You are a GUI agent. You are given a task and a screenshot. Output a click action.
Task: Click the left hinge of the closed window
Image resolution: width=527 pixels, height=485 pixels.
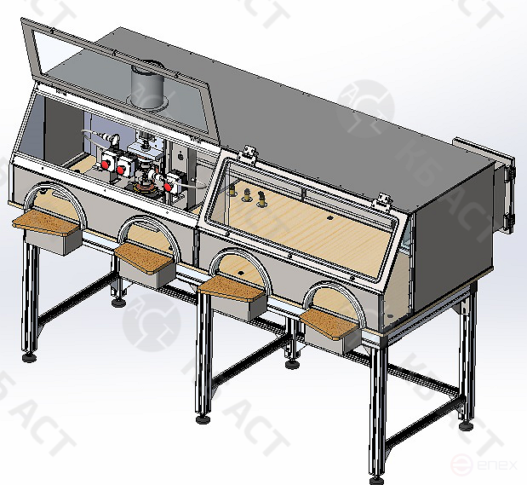[249, 153]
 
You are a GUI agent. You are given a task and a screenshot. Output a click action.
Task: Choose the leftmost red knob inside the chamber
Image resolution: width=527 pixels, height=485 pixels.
[108, 164]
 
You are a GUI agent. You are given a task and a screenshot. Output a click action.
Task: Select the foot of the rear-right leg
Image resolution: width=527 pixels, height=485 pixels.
[465, 424]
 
